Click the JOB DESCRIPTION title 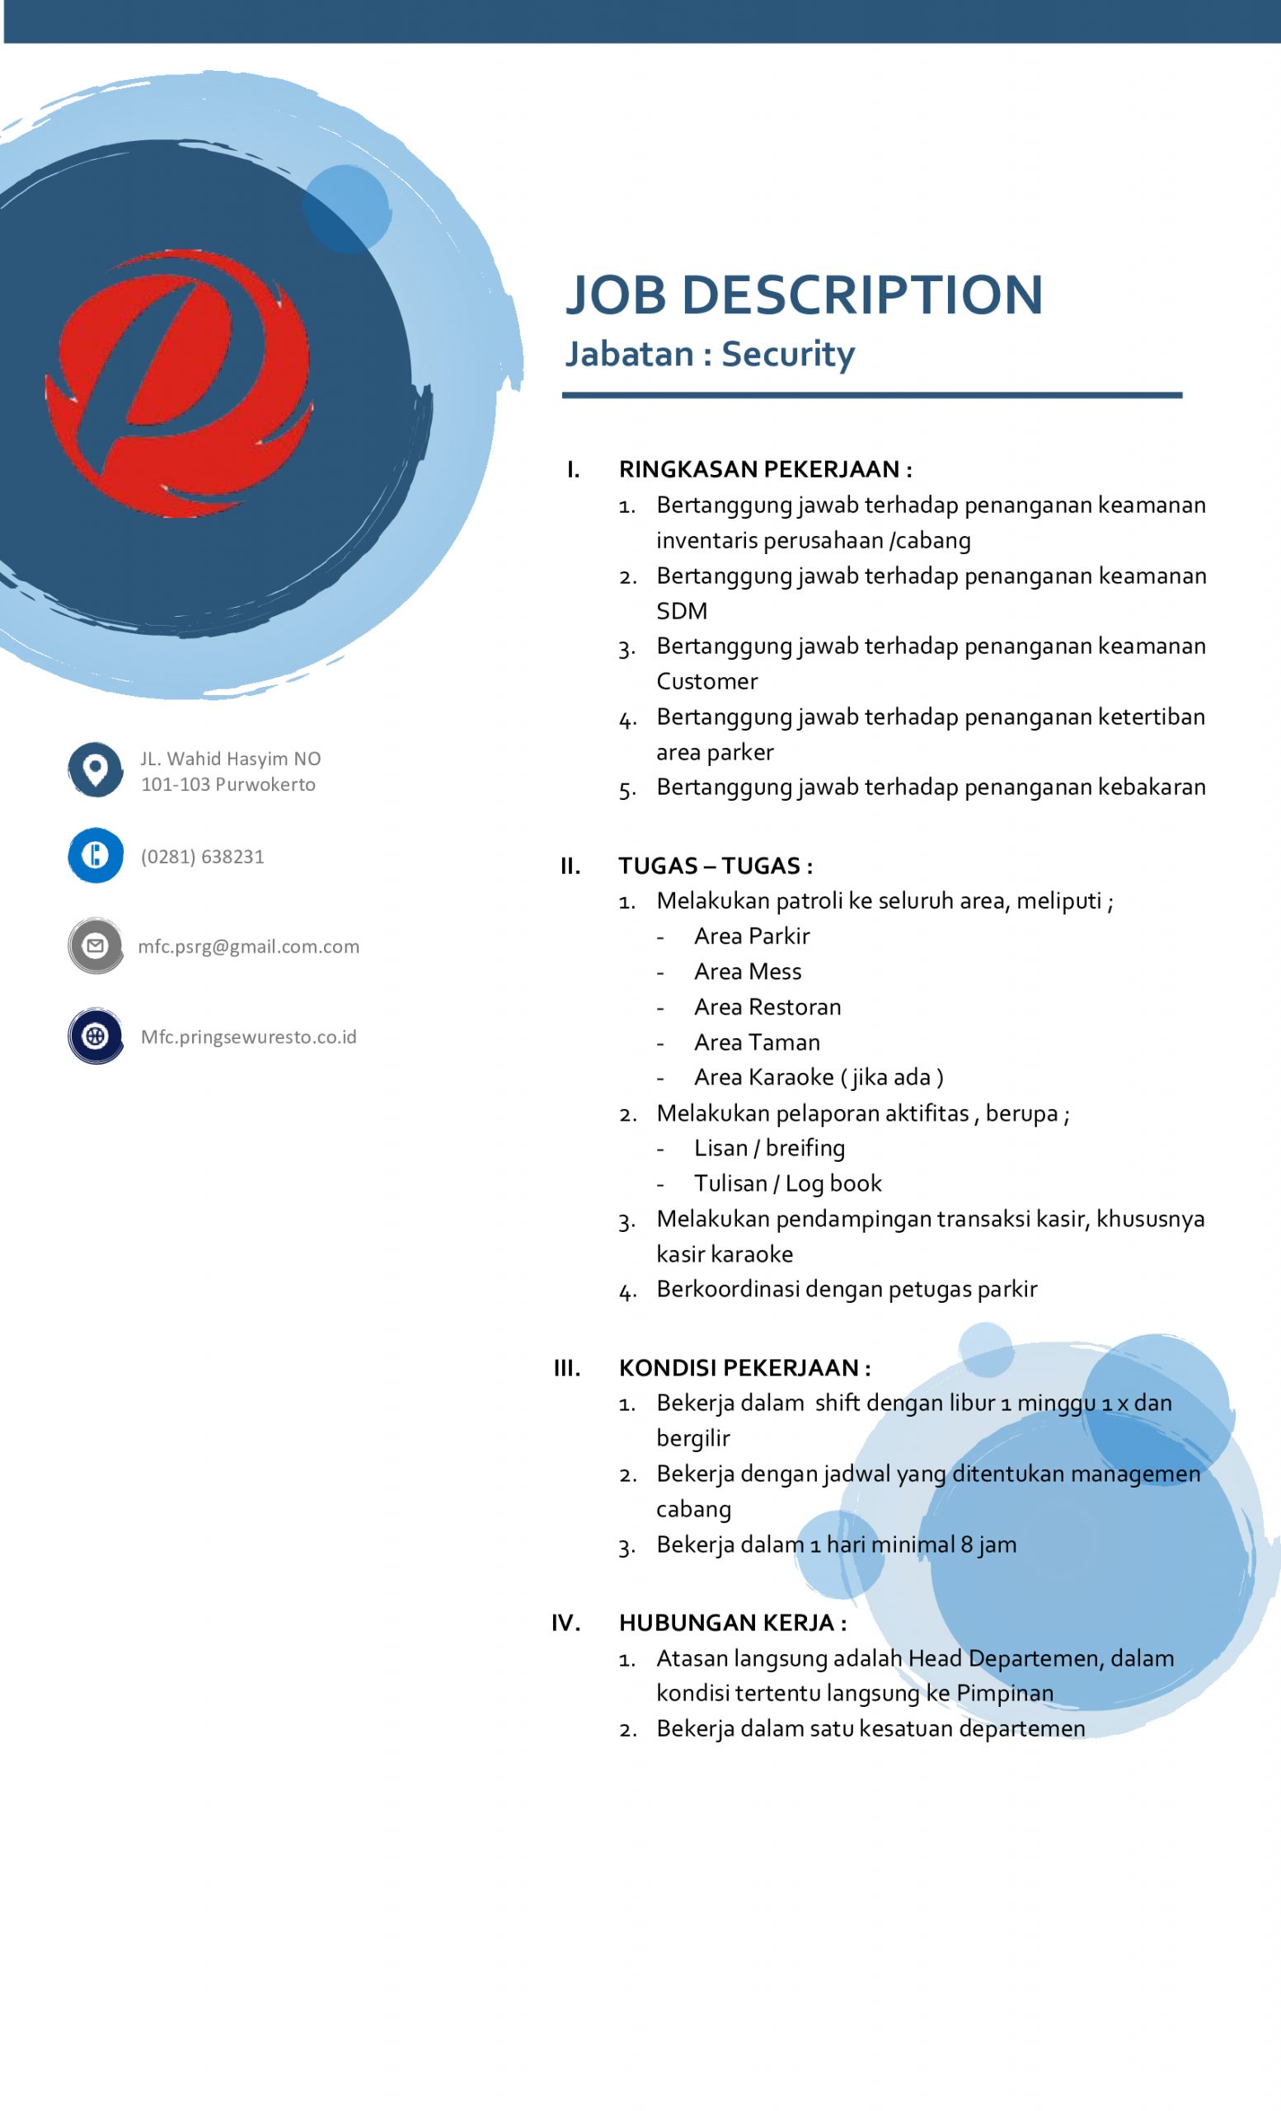[x=803, y=294]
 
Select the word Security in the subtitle [x=788, y=354]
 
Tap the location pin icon [x=95, y=769]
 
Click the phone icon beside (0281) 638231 [x=95, y=855]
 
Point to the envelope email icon [x=95, y=946]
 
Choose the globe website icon [x=95, y=1036]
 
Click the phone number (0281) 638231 [x=202, y=857]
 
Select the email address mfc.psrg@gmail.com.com [x=248, y=947]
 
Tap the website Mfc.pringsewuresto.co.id [x=248, y=1037]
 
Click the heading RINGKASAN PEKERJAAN [x=765, y=469]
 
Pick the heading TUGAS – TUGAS [x=715, y=865]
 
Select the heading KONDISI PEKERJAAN [x=744, y=1367]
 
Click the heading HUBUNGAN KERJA [x=732, y=1623]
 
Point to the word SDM [x=682, y=611]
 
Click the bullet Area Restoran [x=767, y=1007]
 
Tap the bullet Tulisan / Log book [x=787, y=1183]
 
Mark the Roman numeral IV [x=565, y=1623]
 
